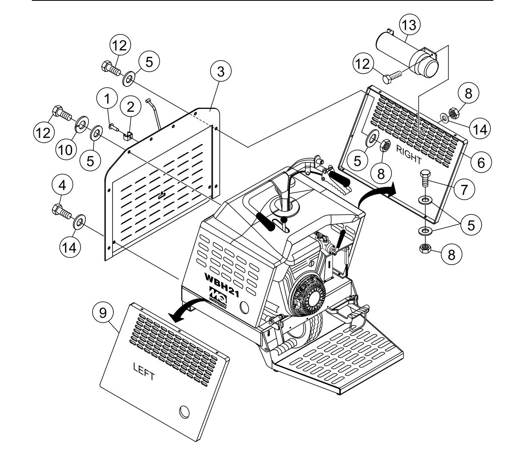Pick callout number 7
click(463, 190)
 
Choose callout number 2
click(130, 107)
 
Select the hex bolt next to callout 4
click(59, 210)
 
